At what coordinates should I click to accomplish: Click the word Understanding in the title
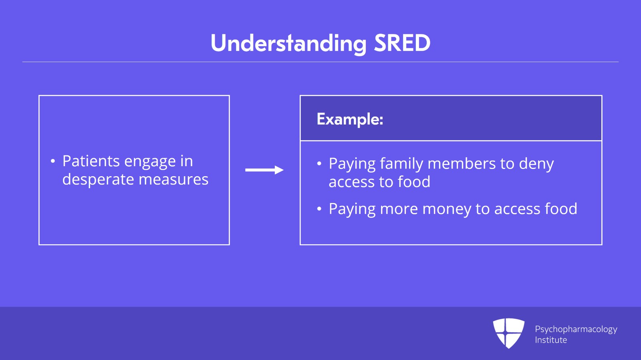pyautogui.click(x=288, y=44)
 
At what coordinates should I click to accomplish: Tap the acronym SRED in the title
pyautogui.click(x=402, y=43)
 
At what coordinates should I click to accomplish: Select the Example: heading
pyautogui.click(x=350, y=119)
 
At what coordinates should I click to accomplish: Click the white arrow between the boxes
pyautogui.click(x=264, y=170)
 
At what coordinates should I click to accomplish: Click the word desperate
pyautogui.click(x=98, y=180)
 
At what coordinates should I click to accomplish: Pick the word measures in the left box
pyautogui.click(x=173, y=180)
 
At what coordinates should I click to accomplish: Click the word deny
pyautogui.click(x=536, y=164)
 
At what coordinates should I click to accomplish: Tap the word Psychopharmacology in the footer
pyautogui.click(x=576, y=330)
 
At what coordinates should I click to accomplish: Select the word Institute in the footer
pyautogui.click(x=551, y=340)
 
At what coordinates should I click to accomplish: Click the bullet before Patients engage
pyautogui.click(x=52, y=161)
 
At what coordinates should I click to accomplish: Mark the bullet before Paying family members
pyautogui.click(x=319, y=164)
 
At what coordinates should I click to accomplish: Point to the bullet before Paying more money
pyautogui.click(x=319, y=209)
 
